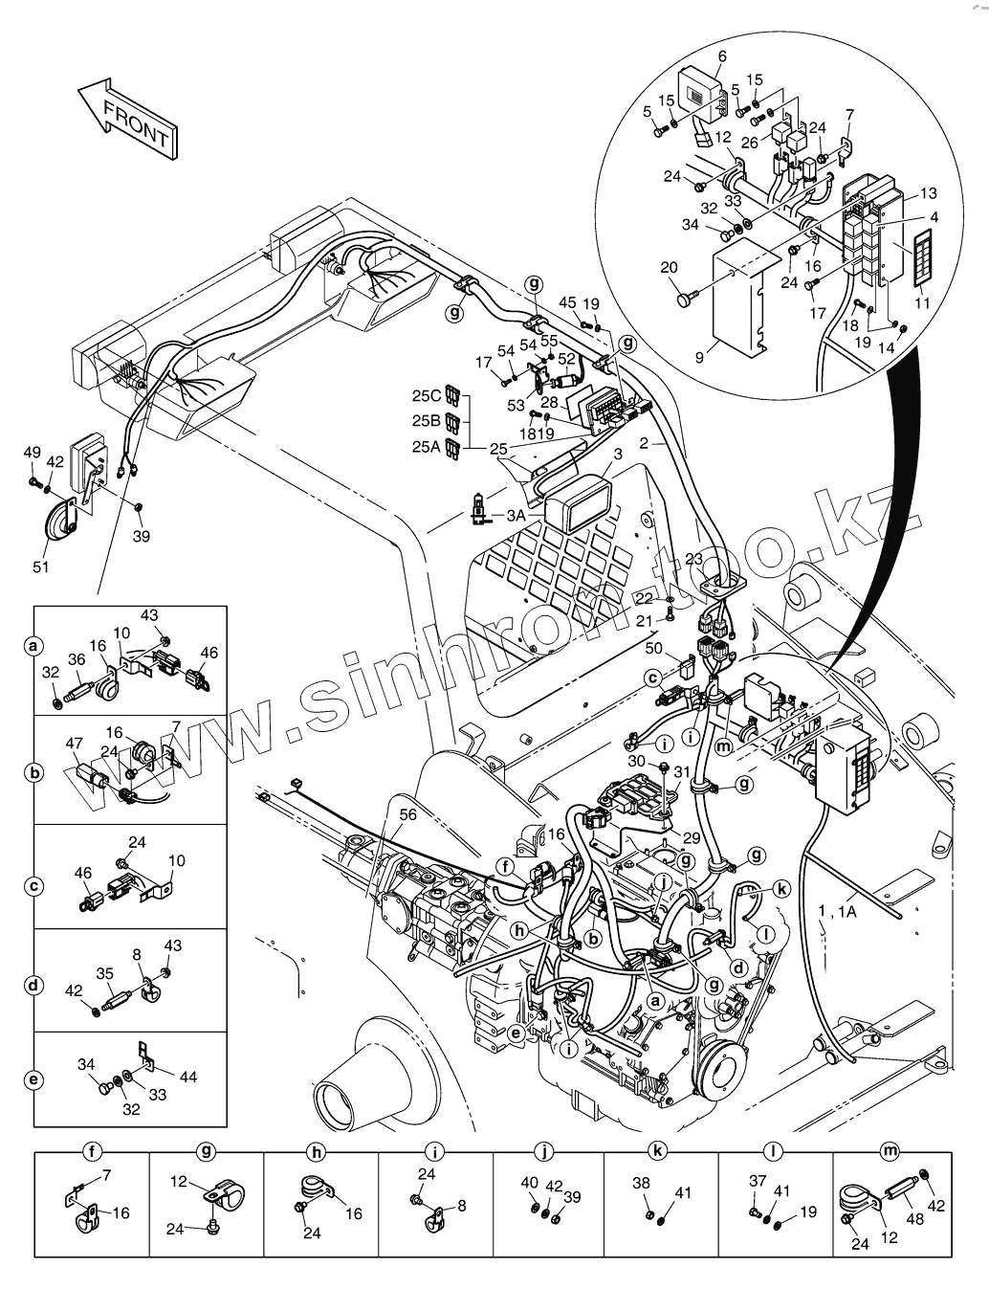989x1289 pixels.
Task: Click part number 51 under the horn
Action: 40,567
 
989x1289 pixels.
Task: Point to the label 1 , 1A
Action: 837,912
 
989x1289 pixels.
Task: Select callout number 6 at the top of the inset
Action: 721,56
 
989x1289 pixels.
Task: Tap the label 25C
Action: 428,395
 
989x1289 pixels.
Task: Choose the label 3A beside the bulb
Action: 516,515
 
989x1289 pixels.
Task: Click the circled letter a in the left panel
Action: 33,647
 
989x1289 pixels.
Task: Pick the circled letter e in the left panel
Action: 33,1080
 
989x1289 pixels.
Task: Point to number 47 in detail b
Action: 74,742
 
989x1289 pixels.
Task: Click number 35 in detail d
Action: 104,972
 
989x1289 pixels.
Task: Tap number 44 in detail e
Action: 187,1077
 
